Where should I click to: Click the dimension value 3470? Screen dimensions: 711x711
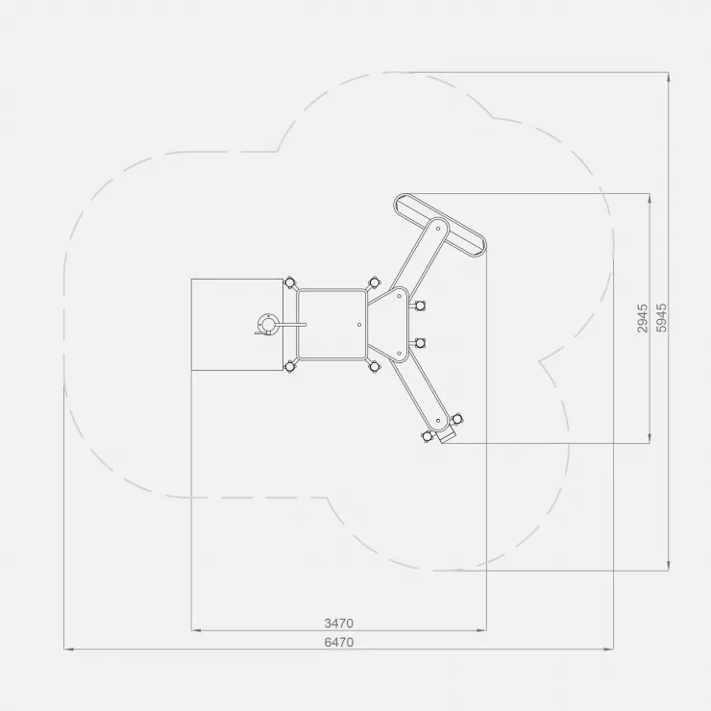pos(339,623)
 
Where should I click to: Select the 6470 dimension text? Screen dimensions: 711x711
pos(339,642)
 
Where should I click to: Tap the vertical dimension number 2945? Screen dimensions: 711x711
pos(643,318)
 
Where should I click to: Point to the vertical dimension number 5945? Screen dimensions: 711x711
pos(662,318)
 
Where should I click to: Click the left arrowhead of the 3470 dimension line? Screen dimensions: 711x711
pos(195,630)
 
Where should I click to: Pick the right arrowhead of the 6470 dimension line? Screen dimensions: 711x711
pos(608,650)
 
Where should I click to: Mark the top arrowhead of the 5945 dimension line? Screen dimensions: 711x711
pos(669,77)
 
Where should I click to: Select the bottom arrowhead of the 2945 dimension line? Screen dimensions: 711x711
pos(650,438)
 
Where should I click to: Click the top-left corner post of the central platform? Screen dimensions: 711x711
pos(290,282)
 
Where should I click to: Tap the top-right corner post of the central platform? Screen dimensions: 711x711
pos(374,282)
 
